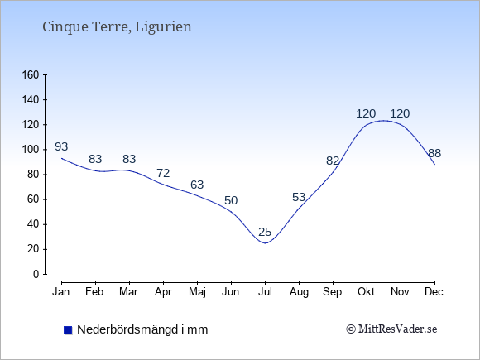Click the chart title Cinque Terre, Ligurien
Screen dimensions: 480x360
tap(117, 27)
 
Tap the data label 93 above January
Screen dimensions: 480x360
tap(61, 146)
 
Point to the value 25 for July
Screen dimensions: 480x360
tap(265, 232)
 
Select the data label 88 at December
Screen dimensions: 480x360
tap(434, 153)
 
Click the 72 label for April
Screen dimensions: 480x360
tap(163, 173)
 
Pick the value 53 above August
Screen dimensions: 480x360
tap(299, 197)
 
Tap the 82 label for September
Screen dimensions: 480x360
tap(333, 161)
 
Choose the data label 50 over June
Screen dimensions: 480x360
tap(231, 200)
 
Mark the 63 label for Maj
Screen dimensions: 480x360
tap(197, 185)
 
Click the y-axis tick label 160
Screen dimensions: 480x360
tap(31, 74)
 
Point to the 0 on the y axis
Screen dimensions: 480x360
tap(36, 274)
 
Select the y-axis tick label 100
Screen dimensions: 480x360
tap(31, 150)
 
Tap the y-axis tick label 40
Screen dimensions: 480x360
tap(33, 224)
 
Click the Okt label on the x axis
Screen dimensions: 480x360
tap(366, 292)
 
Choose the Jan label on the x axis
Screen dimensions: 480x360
tap(61, 292)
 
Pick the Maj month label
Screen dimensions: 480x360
tap(197, 292)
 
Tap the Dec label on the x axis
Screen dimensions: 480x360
tap(434, 292)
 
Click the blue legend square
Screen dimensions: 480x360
tap(68, 330)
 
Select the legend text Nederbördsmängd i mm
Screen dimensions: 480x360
tap(142, 329)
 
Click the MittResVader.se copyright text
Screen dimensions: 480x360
tap(391, 329)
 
